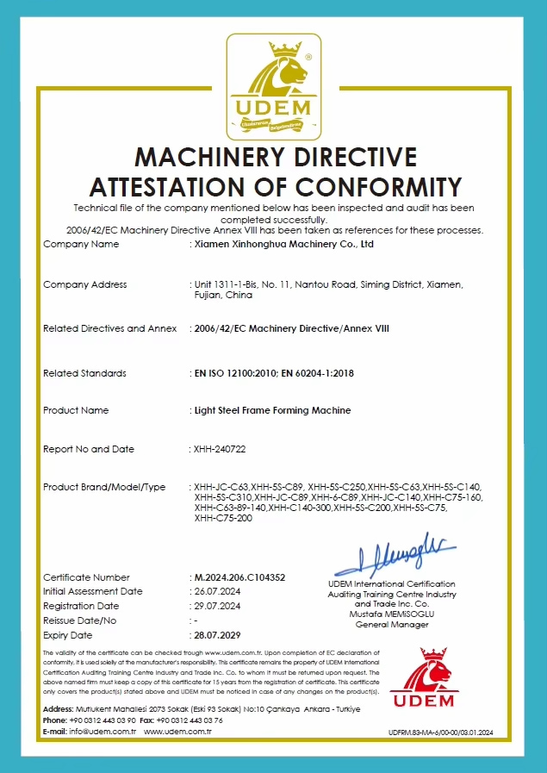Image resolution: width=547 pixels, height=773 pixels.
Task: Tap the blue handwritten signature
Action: point(396,557)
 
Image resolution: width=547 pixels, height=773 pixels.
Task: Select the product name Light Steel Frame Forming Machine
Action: point(272,411)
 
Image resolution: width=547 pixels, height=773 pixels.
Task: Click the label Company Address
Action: point(84,285)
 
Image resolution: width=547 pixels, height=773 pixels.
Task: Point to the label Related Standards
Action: point(84,374)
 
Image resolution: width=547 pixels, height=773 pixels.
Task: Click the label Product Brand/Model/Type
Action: point(104,488)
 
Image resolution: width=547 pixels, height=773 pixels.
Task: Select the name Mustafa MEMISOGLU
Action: point(391,614)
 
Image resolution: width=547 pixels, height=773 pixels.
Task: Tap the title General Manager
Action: point(391,625)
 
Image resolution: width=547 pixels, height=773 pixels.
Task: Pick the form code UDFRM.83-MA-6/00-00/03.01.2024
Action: point(441,732)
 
